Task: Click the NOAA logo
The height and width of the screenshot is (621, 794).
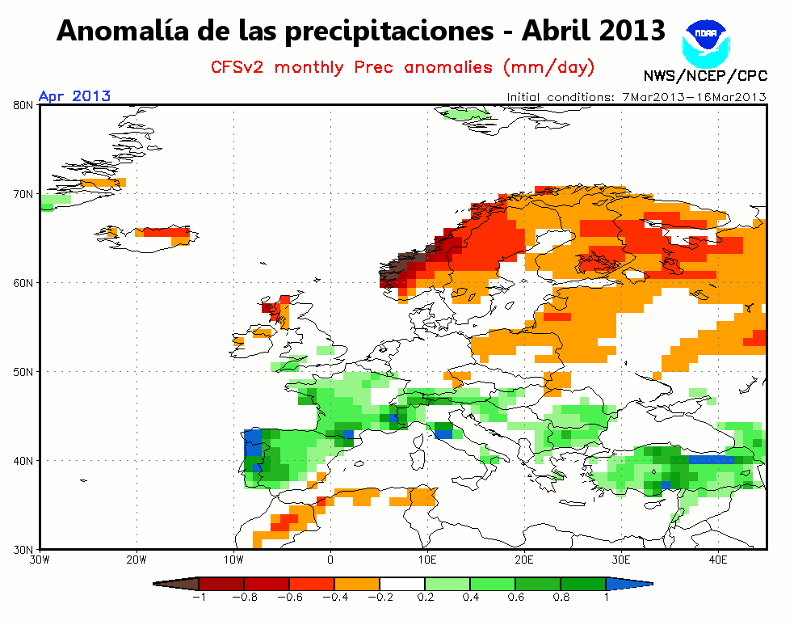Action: (x=706, y=43)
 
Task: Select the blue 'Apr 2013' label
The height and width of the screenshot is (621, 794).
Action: (x=74, y=95)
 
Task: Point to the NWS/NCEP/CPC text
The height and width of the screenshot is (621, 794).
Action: (x=705, y=76)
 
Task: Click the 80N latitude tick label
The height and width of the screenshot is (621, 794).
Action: (x=23, y=105)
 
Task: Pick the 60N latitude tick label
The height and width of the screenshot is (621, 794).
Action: (x=23, y=283)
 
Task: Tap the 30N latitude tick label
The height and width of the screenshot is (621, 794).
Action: (x=23, y=550)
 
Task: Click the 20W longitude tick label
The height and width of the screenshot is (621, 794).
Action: (x=137, y=560)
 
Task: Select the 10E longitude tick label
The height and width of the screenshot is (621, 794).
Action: (x=427, y=560)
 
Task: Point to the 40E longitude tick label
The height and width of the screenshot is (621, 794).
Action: (x=718, y=560)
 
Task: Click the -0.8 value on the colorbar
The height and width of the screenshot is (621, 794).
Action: (x=245, y=598)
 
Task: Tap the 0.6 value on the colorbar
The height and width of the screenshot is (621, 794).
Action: (x=515, y=598)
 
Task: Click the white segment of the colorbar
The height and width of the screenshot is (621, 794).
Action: (x=402, y=584)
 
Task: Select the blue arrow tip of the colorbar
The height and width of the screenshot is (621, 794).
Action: (x=629, y=584)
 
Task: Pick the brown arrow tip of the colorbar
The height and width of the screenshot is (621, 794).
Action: (x=176, y=584)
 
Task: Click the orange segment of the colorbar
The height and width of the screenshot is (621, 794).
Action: (x=357, y=584)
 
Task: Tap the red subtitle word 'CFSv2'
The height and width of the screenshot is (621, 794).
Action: (x=237, y=67)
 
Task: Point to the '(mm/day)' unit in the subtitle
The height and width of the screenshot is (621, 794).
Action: (x=549, y=67)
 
